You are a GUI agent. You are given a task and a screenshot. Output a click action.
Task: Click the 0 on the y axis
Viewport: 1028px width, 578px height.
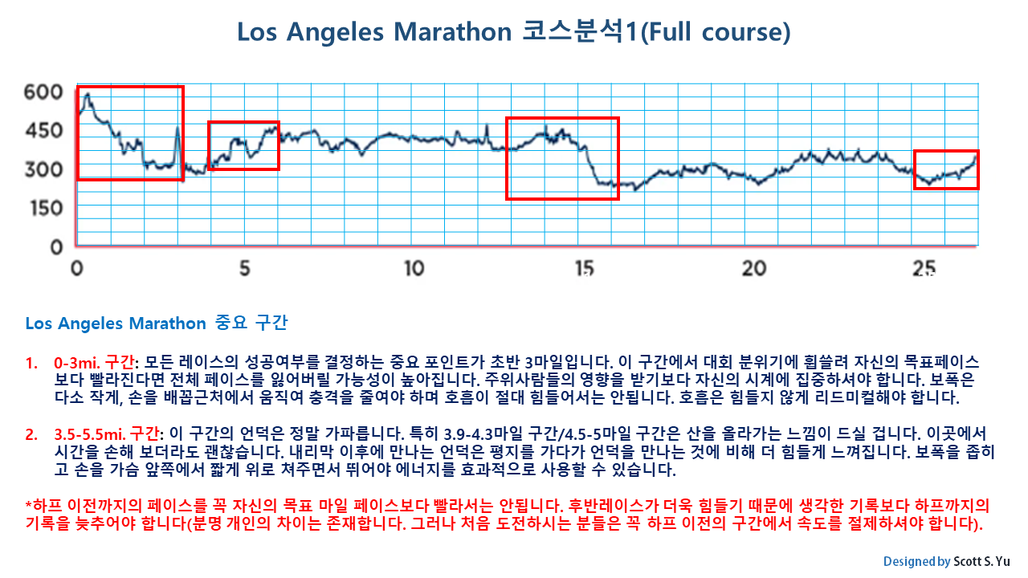tap(56, 247)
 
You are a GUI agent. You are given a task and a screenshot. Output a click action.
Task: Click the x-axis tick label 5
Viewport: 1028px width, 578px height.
tap(245, 268)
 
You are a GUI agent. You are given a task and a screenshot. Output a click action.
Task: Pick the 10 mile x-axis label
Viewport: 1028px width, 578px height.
tap(414, 268)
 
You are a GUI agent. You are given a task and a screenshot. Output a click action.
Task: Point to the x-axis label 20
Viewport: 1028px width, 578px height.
tap(754, 268)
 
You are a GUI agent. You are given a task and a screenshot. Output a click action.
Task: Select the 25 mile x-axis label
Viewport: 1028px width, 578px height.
tap(924, 268)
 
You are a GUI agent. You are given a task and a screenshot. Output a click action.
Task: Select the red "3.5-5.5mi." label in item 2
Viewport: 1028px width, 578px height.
tap(91, 434)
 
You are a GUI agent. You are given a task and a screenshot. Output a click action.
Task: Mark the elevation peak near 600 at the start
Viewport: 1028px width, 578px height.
tap(87, 95)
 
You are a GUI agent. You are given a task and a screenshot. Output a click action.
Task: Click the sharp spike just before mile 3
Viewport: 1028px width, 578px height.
tap(177, 128)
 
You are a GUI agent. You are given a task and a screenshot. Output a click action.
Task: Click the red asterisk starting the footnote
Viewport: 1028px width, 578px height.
tap(29, 506)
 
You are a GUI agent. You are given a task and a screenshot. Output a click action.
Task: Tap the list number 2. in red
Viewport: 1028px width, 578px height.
tap(32, 434)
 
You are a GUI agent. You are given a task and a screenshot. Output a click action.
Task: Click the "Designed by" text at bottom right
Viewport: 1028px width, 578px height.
tap(916, 561)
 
